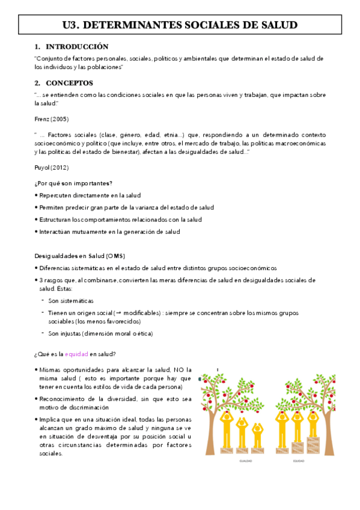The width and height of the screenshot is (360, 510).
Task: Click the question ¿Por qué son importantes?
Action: point(73,183)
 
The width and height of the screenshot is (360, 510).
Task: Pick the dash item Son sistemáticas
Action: point(71,300)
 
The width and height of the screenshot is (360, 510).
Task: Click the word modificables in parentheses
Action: point(138,313)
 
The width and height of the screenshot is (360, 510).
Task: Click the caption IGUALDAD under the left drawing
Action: point(246,461)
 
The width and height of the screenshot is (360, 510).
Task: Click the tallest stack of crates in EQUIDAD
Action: point(313,445)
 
